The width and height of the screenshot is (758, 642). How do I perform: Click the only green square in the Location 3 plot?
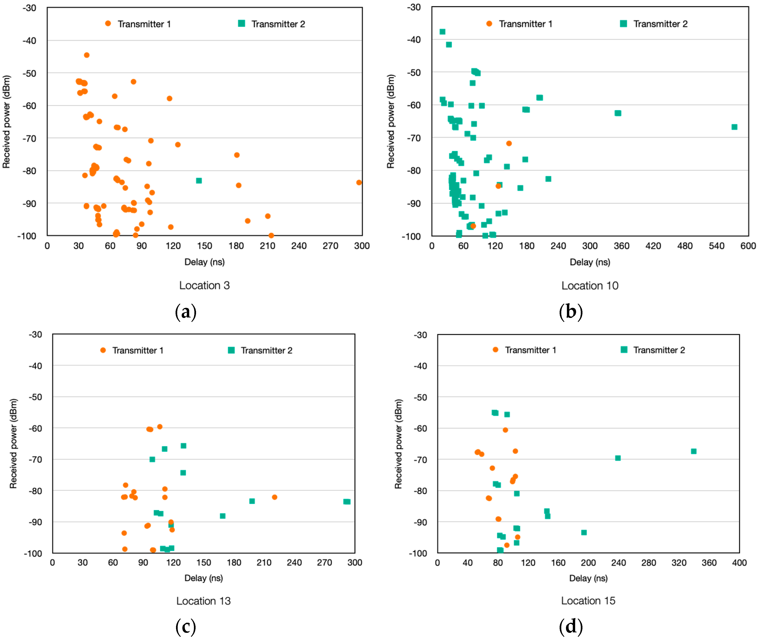tap(199, 181)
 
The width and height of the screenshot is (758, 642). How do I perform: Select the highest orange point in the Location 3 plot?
tap(87, 55)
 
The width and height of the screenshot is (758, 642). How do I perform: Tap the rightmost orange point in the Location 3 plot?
tap(359, 182)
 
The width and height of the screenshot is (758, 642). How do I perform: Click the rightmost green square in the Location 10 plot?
tap(734, 127)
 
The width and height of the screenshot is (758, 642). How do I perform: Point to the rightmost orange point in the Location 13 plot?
tap(275, 497)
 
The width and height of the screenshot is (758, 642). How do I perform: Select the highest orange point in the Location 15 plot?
tap(505, 430)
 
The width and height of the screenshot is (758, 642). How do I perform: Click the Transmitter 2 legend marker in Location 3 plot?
tap(241, 24)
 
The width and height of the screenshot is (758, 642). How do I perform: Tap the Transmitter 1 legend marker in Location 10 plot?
tap(489, 24)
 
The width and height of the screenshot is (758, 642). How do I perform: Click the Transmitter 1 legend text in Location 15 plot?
tap(530, 350)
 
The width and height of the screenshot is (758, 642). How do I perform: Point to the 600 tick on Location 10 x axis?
tap(748, 246)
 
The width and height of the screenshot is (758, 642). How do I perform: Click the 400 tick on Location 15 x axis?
tap(739, 563)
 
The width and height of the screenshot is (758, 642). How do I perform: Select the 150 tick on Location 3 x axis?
tap(204, 246)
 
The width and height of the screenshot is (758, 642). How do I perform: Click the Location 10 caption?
tap(590, 286)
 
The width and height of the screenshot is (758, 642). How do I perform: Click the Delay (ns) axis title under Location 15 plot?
tap(588, 578)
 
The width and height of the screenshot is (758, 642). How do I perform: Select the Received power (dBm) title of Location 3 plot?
tap(7, 122)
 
